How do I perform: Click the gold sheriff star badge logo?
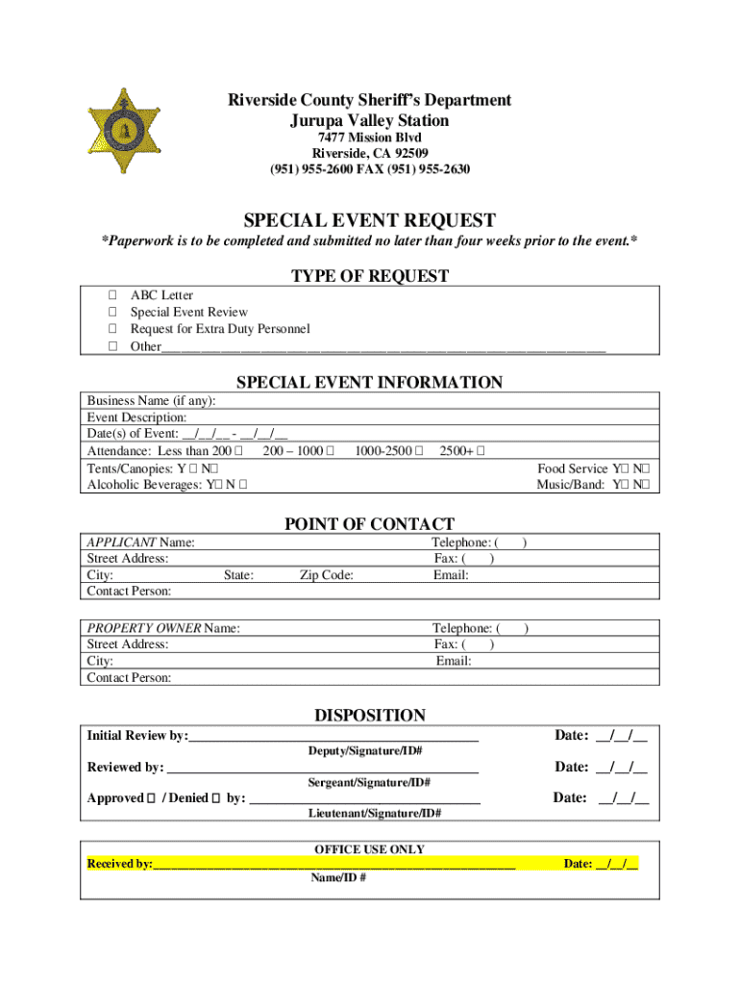(122, 131)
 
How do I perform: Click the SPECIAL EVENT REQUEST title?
(369, 220)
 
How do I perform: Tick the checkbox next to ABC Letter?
(112, 295)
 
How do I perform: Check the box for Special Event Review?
(112, 313)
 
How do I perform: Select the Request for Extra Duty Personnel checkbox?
(112, 329)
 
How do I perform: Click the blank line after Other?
(384, 347)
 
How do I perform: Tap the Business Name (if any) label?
(151, 401)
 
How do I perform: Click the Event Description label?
(136, 417)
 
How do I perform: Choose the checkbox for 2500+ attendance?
(481, 451)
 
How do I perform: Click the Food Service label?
(572, 468)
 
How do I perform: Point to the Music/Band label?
(570, 485)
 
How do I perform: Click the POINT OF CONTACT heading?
(369, 524)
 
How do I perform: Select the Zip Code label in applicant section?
(326, 575)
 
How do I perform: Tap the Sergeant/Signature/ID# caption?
(369, 782)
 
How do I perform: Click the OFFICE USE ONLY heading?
(369, 849)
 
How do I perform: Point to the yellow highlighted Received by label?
(119, 864)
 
